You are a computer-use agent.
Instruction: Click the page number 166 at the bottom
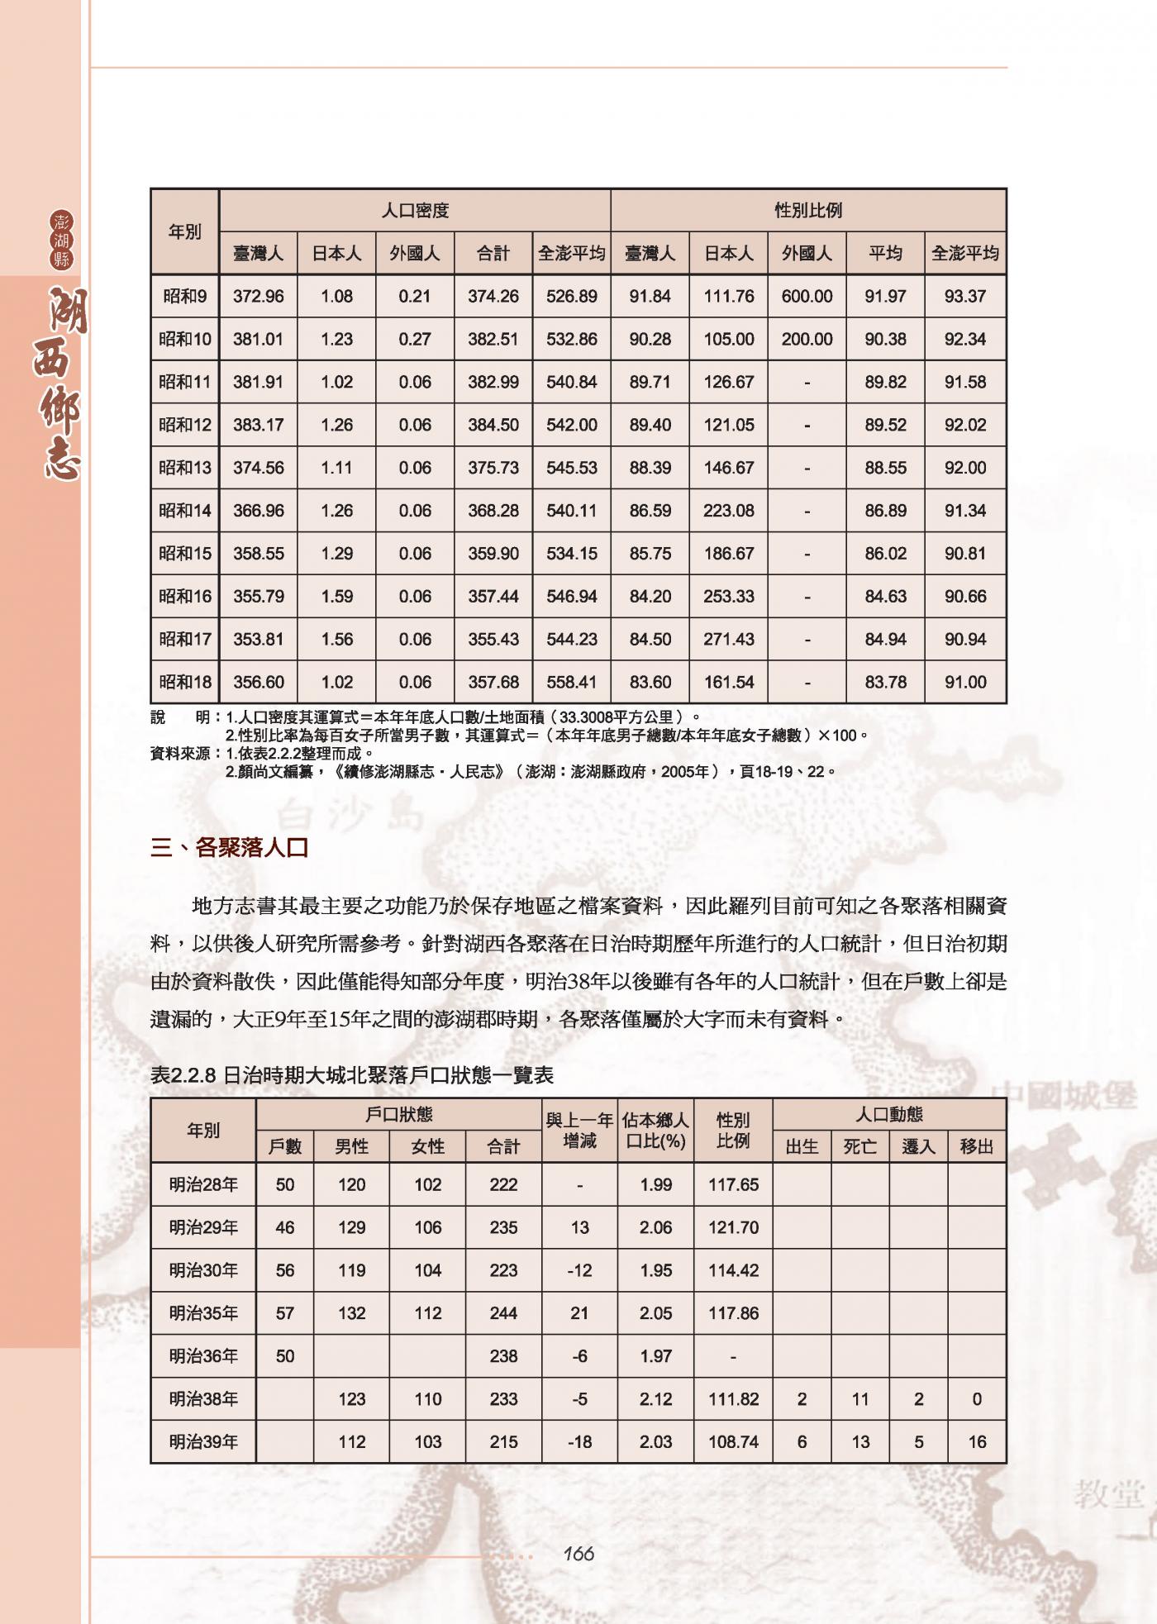tap(578, 1554)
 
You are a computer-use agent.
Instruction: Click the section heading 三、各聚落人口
tap(230, 848)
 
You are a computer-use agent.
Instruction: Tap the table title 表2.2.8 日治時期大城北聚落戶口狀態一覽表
tap(352, 1075)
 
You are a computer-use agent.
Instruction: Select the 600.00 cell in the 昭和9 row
tap(807, 296)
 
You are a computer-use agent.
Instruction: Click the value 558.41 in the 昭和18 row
tap(571, 683)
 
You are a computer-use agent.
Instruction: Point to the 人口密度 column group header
tap(415, 211)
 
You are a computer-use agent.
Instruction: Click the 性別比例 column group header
tap(807, 211)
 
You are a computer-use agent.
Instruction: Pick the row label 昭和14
tap(185, 511)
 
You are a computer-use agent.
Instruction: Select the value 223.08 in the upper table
tap(728, 511)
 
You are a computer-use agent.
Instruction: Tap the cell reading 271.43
tap(728, 640)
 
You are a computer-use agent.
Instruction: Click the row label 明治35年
tap(203, 1313)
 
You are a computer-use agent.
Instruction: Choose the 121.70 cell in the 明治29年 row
tap(733, 1227)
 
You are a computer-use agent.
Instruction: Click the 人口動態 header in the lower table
tap(888, 1115)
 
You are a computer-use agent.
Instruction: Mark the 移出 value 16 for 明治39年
tap(977, 1442)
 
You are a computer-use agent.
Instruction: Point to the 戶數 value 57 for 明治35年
tap(285, 1313)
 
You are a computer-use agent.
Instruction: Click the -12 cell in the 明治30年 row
tap(579, 1270)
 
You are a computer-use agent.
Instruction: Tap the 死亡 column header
tap(859, 1147)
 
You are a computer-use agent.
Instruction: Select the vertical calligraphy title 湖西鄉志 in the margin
tap(62, 383)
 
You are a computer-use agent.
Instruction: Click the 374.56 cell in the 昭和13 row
tap(258, 468)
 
